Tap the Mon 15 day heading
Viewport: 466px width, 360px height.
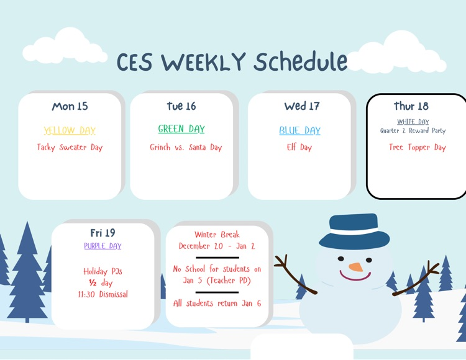click(70, 106)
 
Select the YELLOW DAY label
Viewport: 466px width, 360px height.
click(70, 130)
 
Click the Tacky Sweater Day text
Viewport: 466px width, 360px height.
click(70, 148)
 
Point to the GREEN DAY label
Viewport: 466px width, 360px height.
click(181, 129)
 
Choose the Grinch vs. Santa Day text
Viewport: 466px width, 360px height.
click(186, 148)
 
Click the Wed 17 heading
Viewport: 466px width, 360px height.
click(302, 106)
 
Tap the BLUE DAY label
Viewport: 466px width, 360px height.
click(299, 130)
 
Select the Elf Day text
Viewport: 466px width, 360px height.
click(299, 148)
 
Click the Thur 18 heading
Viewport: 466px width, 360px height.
click(411, 106)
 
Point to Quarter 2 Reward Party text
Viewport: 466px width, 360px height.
click(413, 131)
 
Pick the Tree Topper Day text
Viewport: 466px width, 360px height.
click(418, 148)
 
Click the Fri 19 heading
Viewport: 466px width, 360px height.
click(103, 233)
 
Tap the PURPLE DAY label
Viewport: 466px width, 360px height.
click(103, 246)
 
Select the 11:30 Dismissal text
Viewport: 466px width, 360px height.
click(103, 294)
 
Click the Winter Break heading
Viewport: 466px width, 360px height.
click(217, 235)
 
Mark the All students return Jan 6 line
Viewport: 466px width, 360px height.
click(217, 304)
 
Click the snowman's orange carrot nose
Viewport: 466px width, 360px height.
click(355, 267)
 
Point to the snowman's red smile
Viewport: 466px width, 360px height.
click(355, 277)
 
